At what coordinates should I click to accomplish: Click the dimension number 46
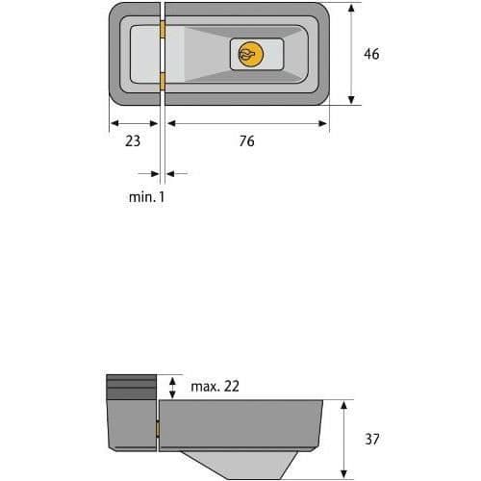[371, 54]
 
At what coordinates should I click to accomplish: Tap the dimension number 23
[133, 141]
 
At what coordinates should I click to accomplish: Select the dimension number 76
[246, 141]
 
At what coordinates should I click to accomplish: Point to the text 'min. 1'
[146, 197]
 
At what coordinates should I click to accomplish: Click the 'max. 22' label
[215, 387]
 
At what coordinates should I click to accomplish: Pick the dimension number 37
[372, 439]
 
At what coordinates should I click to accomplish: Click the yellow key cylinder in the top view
[251, 54]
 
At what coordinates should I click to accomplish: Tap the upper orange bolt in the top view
[163, 30]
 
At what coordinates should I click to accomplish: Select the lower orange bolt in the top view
[163, 82]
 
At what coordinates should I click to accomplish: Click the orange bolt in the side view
[158, 429]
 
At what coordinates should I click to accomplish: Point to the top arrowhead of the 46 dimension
[351, 8]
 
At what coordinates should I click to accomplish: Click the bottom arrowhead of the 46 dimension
[351, 100]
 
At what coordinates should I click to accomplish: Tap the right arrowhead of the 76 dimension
[322, 123]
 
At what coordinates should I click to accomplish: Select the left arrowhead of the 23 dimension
[114, 123]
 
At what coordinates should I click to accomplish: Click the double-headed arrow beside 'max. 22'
[172, 388]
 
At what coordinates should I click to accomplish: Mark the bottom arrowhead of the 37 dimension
[343, 473]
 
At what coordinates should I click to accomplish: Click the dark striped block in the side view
[131, 387]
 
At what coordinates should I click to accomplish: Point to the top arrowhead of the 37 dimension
[343, 405]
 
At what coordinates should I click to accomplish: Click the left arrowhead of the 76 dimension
[171, 123]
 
